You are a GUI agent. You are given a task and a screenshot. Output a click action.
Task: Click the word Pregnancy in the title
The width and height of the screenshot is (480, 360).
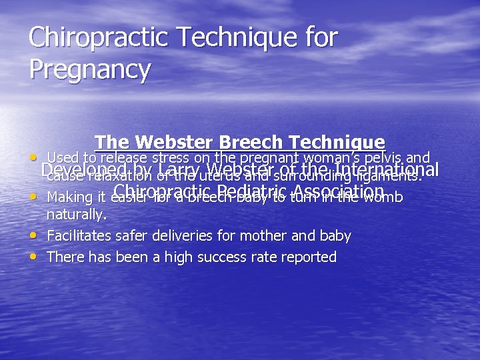(x=90, y=69)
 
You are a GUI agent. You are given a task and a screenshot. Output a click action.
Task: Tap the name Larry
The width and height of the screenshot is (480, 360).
(x=181, y=171)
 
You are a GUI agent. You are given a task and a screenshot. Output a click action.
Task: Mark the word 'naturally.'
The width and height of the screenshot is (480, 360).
(x=77, y=215)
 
